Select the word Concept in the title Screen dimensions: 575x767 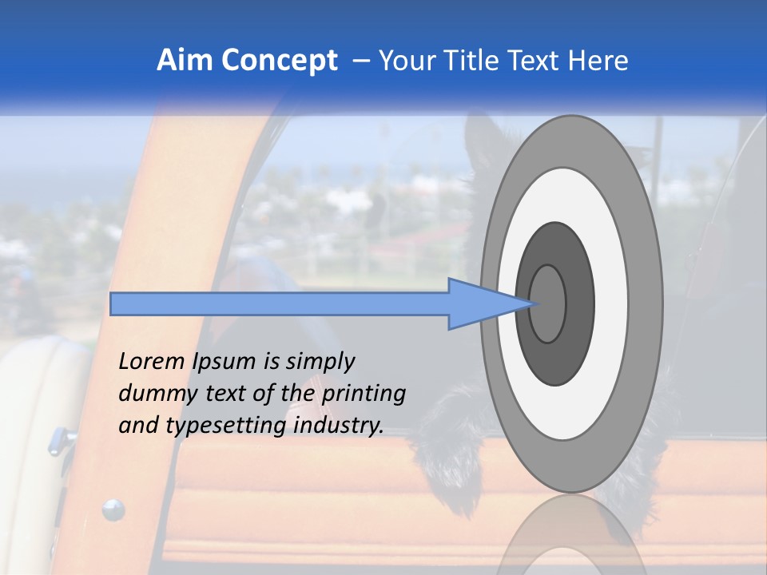(279, 61)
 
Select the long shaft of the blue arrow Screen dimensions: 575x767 (280, 303)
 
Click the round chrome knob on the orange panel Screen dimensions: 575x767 (113, 509)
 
